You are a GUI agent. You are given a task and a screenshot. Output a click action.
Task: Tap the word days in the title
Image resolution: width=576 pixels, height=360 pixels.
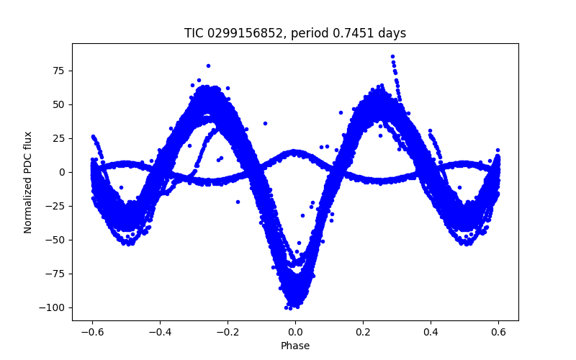tap(390, 33)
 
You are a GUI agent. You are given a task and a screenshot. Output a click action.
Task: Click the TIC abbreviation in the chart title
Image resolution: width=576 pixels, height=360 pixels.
tap(195, 33)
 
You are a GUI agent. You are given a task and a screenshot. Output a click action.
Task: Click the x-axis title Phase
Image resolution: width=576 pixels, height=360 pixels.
tap(295, 346)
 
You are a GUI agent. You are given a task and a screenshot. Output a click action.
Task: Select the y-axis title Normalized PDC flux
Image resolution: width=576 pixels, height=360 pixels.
tap(28, 182)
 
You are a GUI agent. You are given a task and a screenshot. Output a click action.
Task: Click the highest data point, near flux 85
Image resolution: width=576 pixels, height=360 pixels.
tap(392, 56)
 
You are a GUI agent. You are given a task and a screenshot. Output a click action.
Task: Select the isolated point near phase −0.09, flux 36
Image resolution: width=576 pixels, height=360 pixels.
tap(265, 123)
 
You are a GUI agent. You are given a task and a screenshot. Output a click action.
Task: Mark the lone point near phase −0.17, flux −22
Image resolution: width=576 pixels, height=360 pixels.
tap(238, 202)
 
